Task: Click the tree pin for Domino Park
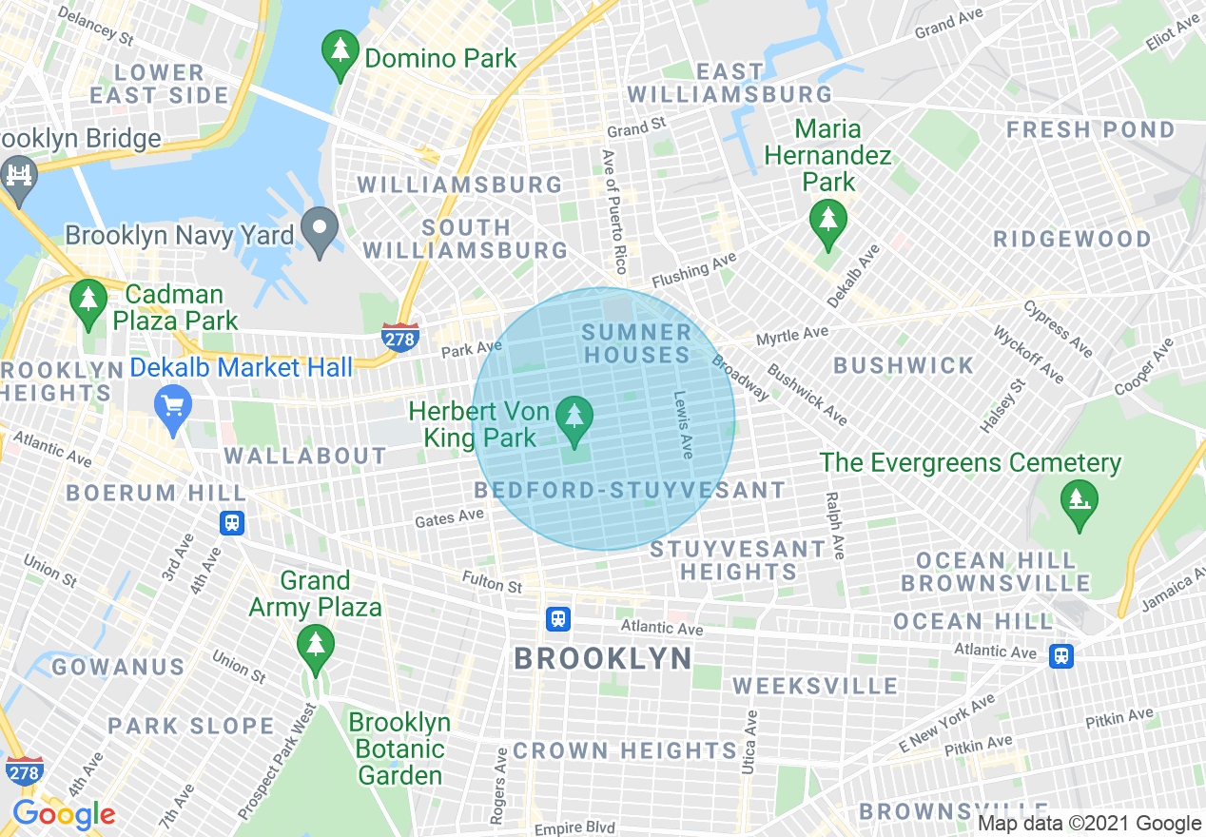[340, 55]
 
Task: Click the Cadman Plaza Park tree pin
[88, 302]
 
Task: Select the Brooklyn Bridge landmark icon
[19, 179]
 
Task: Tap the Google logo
[64, 814]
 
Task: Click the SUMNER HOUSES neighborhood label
[636, 343]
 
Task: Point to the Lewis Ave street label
[682, 425]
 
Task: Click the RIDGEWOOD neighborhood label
[1072, 239]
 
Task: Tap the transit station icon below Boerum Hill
[232, 522]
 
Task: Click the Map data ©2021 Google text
[1090, 824]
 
